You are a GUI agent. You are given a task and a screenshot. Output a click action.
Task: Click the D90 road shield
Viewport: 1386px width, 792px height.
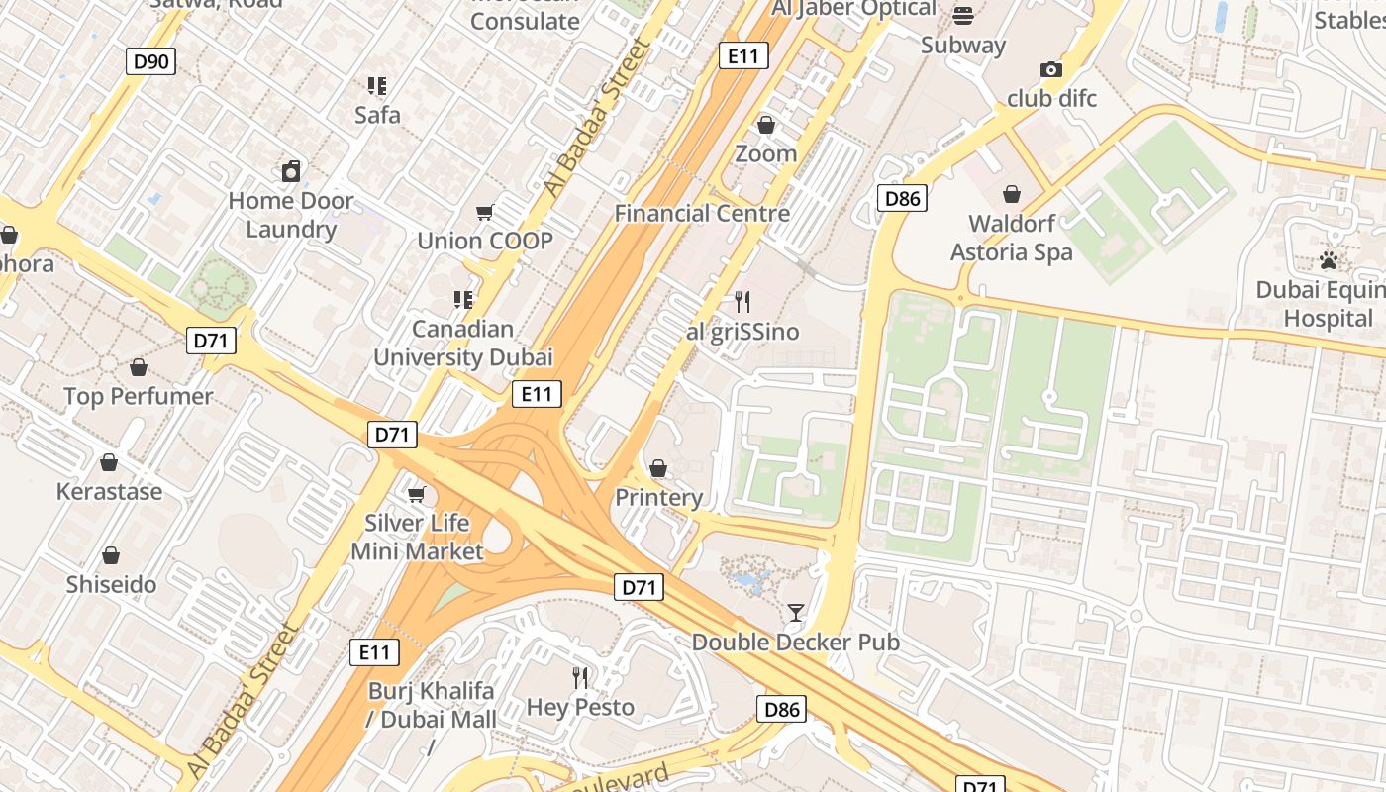tap(151, 62)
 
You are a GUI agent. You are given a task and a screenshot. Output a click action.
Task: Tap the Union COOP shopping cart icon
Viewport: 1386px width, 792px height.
tap(485, 212)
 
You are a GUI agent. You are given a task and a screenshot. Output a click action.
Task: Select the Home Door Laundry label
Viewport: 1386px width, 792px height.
tap(290, 215)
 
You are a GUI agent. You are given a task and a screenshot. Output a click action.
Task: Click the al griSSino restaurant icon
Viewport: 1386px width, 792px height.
tap(742, 302)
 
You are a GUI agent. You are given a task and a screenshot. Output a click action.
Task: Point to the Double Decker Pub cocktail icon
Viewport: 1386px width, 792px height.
tap(795, 613)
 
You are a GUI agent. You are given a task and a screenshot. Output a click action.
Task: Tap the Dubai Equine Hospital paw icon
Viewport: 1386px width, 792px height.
tap(1329, 260)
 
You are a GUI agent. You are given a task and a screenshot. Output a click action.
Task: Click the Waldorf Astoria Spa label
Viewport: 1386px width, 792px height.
tap(1011, 238)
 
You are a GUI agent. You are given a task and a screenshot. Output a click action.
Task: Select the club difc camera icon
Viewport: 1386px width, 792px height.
tap(1051, 69)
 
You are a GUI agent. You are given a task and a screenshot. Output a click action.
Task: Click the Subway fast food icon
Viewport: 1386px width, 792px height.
tap(963, 16)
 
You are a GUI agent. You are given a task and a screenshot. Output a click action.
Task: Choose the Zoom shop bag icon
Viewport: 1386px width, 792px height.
tap(765, 125)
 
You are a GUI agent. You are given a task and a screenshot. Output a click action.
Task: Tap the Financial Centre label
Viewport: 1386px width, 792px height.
tap(702, 213)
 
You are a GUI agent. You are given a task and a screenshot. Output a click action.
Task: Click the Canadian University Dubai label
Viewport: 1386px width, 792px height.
tap(463, 343)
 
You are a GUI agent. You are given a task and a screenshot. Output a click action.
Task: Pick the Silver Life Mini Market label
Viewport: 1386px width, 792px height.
tap(417, 537)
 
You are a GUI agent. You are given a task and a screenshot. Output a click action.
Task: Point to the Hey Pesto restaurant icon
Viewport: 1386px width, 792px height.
tap(580, 678)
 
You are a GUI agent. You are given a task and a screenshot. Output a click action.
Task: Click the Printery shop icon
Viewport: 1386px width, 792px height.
tap(658, 468)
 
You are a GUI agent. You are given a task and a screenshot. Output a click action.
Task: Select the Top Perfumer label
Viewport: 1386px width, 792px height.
tap(139, 396)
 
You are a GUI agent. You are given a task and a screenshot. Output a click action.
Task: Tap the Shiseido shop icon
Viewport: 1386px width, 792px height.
tap(111, 555)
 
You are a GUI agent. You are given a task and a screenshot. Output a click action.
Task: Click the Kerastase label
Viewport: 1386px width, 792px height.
tap(109, 491)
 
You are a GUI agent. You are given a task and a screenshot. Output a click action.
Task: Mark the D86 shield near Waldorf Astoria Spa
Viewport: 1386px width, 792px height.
tap(902, 198)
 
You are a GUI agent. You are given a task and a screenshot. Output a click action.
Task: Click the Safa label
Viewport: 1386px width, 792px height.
tap(377, 115)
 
